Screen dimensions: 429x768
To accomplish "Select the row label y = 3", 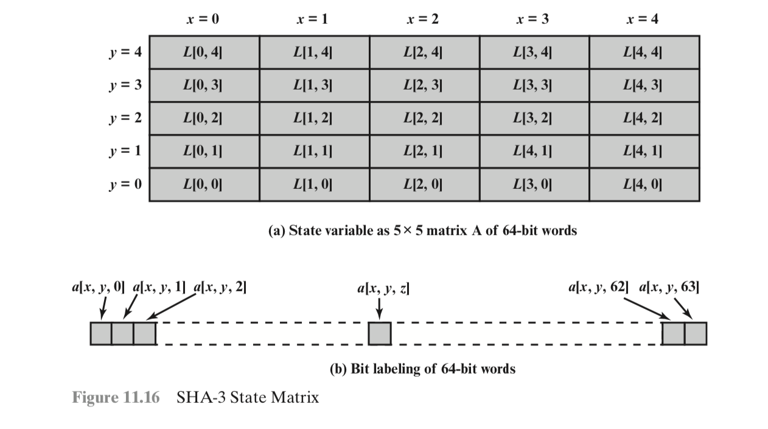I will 126,85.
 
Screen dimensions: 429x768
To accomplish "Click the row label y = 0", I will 126,183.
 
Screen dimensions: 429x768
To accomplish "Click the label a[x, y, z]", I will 383,288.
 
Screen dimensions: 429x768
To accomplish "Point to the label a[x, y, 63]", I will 669,287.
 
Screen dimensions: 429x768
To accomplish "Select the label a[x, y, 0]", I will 98,287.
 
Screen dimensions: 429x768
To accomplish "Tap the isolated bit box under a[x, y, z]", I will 380,333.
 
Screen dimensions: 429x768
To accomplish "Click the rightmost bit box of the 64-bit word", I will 696,333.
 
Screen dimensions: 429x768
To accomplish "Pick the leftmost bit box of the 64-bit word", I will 101,333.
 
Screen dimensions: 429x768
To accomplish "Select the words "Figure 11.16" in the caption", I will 116,398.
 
